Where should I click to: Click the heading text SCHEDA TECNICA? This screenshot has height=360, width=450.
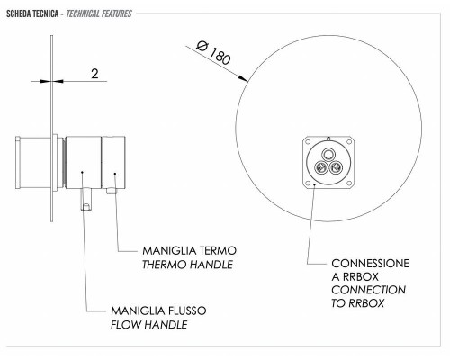point(32,13)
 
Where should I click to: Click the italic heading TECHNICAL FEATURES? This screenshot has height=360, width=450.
point(99,13)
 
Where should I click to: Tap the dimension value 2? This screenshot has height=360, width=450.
point(94,74)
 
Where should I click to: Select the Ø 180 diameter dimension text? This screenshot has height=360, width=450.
point(213,53)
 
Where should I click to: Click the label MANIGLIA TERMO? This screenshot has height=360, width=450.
point(189,250)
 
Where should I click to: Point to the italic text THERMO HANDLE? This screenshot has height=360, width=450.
point(187,265)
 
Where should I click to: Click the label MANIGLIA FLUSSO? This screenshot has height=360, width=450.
point(158,310)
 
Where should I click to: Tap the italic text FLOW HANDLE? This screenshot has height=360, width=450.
point(149,325)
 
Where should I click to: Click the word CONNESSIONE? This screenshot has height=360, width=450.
point(371,264)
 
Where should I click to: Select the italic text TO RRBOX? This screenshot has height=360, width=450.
point(357,303)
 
